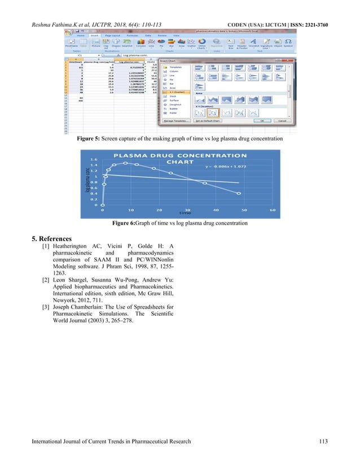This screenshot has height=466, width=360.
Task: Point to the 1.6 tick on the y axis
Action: (x=94, y=160)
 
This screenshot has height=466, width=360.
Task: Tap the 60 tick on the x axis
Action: (x=273, y=210)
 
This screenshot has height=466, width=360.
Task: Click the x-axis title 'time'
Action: (x=182, y=213)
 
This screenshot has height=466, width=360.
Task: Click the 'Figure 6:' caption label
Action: (x=125, y=223)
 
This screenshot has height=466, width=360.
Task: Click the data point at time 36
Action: (x=204, y=182)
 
